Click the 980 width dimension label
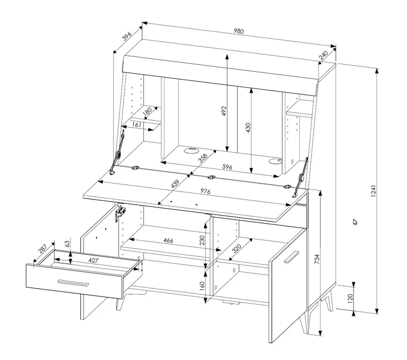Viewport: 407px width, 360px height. point(239,31)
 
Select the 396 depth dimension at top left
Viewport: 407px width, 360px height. point(127,36)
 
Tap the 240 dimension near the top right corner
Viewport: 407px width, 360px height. point(324,55)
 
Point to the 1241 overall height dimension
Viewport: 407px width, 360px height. point(373,191)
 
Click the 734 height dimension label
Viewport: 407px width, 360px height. point(316,259)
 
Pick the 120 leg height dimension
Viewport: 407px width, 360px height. point(350,298)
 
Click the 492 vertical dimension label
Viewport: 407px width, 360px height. point(224,111)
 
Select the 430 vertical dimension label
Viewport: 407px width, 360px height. point(248,128)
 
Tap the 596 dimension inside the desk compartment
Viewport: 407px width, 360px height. point(227,167)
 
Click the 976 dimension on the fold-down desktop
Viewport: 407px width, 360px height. point(205,191)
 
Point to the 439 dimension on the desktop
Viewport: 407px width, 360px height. point(175,184)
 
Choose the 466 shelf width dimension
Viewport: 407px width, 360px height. point(168,241)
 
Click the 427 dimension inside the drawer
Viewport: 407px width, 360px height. point(93,260)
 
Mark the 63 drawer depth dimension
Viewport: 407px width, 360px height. point(67,244)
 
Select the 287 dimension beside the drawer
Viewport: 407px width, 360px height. point(42,249)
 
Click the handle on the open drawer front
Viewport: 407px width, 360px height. point(73,283)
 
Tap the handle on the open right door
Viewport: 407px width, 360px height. point(291,257)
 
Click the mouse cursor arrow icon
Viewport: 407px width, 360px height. point(355,222)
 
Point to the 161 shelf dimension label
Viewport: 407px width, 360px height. point(136,125)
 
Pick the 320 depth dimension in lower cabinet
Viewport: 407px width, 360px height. point(237,249)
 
